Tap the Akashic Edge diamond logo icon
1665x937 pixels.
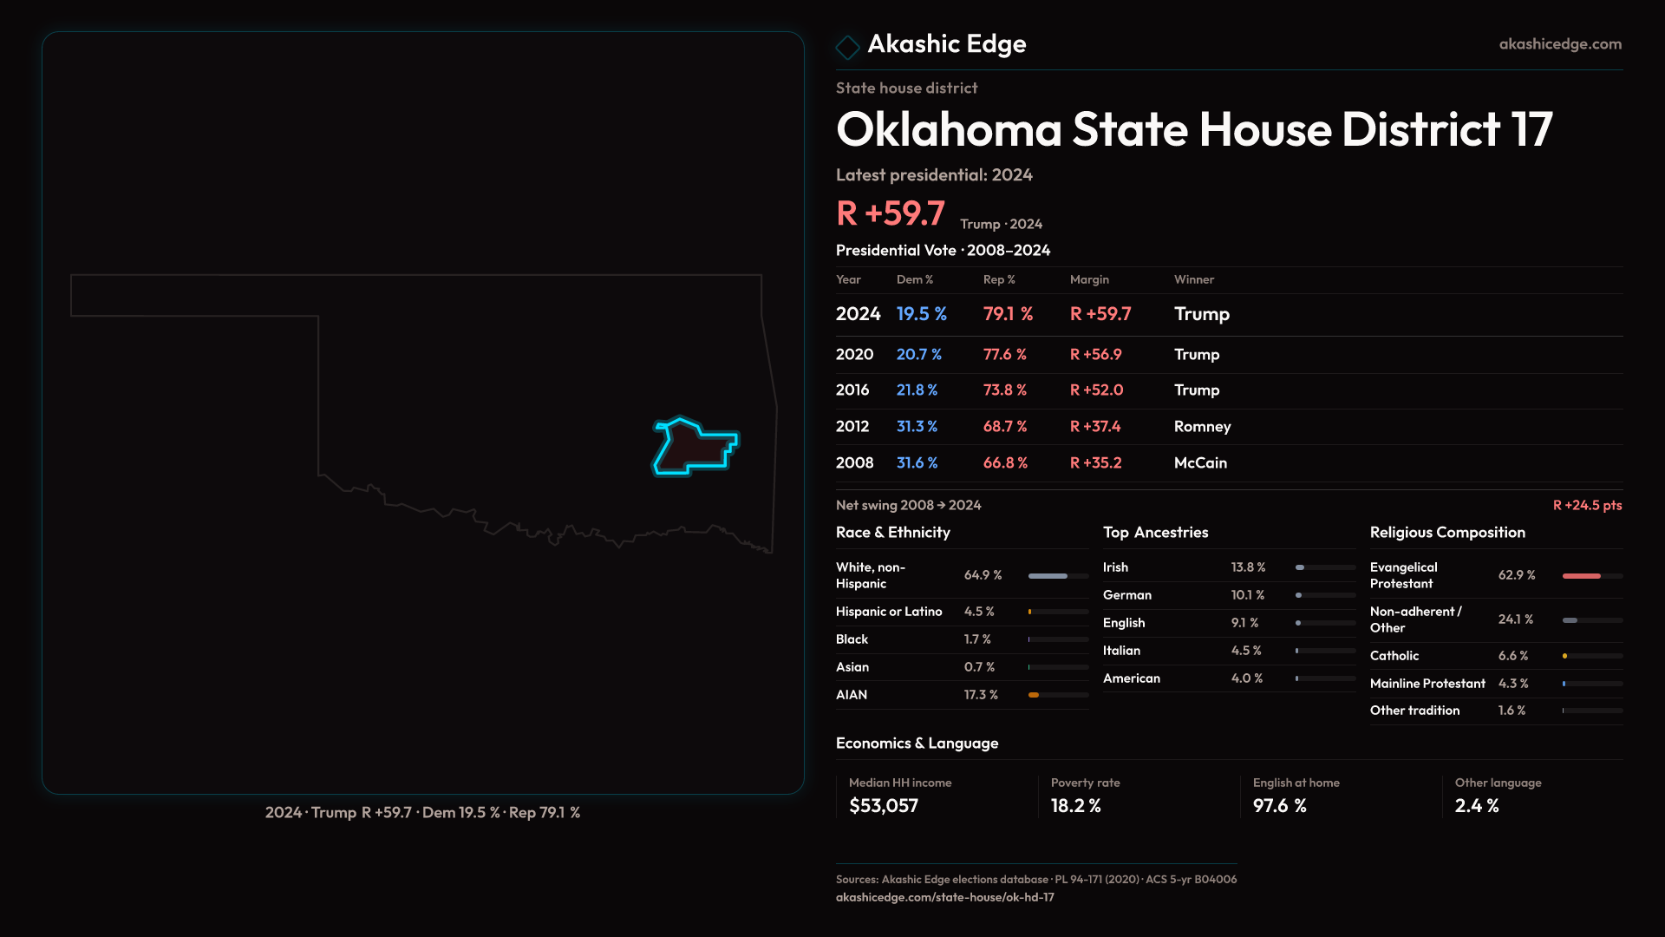(x=847, y=47)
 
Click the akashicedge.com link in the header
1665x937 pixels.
(x=1560, y=44)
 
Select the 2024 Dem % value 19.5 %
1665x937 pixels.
(x=921, y=314)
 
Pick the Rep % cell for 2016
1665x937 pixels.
(x=1004, y=390)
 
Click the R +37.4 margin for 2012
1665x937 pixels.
(x=1095, y=427)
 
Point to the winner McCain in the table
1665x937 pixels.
(x=1200, y=463)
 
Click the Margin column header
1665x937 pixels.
(x=1089, y=279)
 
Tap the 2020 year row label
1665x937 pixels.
(x=854, y=355)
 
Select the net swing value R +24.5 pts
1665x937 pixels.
(x=1587, y=506)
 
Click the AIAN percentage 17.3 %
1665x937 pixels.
(x=981, y=695)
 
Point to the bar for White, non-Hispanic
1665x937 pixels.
(x=1048, y=576)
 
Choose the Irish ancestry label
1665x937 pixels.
(x=1115, y=567)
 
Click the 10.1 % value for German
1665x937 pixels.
(x=1248, y=595)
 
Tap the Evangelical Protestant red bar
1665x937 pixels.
(x=1582, y=576)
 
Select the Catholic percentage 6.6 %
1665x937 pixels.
(x=1513, y=656)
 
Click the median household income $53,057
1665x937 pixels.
(x=884, y=806)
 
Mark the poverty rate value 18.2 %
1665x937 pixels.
(x=1076, y=806)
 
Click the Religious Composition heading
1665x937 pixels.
(x=1447, y=533)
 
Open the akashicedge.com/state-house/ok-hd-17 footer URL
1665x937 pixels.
(x=945, y=898)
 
